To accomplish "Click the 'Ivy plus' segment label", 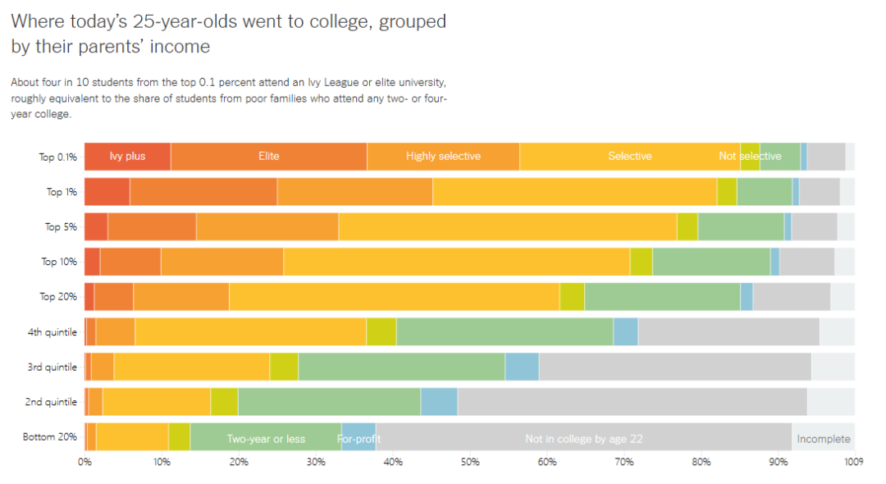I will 127,156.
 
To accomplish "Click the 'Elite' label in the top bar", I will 269,156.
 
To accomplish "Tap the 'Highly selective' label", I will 443,156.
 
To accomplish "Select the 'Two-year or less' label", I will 266,439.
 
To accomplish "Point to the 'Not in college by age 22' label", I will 583,439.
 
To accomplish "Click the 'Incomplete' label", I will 823,439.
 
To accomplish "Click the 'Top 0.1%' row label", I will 58,157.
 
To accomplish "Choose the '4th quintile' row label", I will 53,332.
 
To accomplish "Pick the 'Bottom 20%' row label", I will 50,437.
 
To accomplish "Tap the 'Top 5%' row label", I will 61,226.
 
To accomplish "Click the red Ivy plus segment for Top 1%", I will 107,191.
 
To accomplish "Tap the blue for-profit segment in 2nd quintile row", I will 439,402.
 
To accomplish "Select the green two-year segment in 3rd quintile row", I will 401,367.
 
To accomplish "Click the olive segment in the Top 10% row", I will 641,262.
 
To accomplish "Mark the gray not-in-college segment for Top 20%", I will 791,297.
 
